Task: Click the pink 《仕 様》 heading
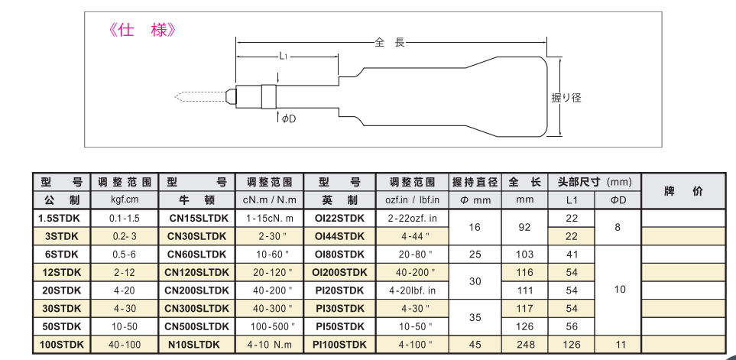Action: [144, 30]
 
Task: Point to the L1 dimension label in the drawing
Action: [283, 57]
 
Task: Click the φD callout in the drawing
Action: [288, 118]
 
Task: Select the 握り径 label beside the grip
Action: [566, 98]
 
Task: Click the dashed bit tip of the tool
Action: [199, 97]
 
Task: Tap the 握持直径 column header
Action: [475, 182]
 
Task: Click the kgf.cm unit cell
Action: [122, 200]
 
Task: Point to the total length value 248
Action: [524, 345]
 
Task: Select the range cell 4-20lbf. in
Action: [412, 290]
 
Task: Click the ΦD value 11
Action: [619, 345]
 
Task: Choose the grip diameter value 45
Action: [475, 345]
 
